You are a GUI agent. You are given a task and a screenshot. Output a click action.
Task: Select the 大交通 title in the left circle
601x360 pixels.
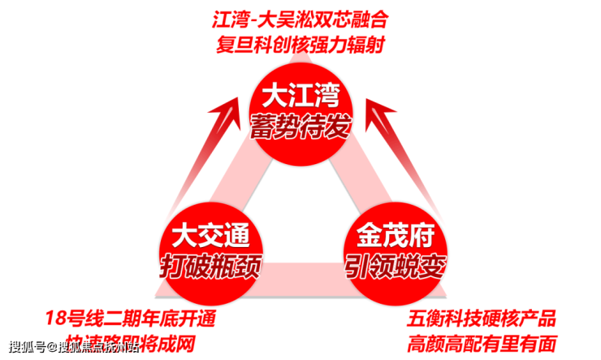coord(210,237)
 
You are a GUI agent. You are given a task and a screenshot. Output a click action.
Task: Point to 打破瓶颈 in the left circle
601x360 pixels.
coord(210,264)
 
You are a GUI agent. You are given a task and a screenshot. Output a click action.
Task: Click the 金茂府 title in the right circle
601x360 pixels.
coord(396,237)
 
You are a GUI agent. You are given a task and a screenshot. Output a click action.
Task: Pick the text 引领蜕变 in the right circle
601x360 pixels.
coord(396,264)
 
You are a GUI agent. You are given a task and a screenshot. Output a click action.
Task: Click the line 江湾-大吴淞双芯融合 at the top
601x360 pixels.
coord(302,18)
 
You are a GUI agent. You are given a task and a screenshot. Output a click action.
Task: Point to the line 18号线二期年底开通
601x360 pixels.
coord(131,318)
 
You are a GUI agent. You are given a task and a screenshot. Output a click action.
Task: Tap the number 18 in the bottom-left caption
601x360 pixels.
coord(54,318)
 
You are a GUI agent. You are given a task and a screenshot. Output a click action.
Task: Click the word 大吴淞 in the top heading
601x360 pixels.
coord(293,18)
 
